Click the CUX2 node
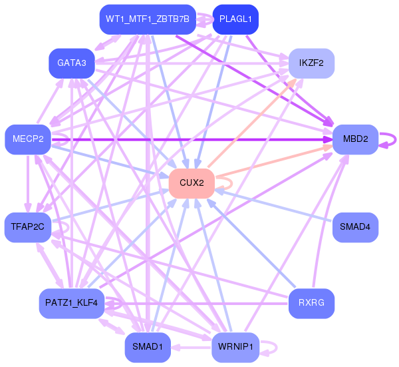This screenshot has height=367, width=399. [x=192, y=183]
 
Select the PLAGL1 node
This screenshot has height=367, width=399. [x=235, y=19]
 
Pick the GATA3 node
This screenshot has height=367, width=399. [x=71, y=63]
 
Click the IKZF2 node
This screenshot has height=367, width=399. [x=311, y=63]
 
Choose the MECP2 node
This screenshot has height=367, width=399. [x=28, y=139]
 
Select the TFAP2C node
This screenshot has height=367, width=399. [x=28, y=226]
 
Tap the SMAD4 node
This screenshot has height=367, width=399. [x=355, y=226]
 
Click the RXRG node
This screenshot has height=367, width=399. [x=311, y=304]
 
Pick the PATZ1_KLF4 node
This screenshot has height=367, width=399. [x=71, y=304]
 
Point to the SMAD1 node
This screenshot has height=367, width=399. [x=147, y=347]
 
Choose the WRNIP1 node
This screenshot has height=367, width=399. [x=235, y=347]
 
